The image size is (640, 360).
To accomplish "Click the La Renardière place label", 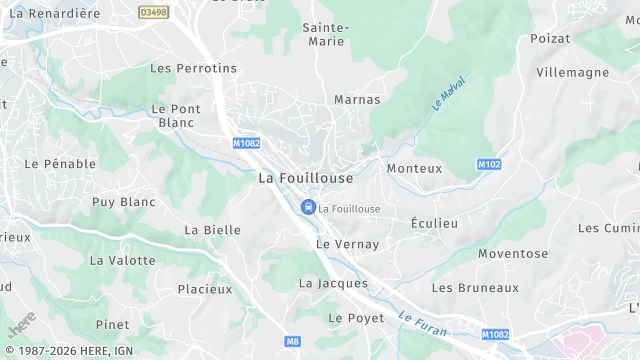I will click(x=54, y=13).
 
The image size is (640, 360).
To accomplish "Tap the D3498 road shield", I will click(x=153, y=13).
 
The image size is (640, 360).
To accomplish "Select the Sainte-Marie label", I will click(x=325, y=34).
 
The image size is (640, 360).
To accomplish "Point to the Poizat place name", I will click(x=550, y=38).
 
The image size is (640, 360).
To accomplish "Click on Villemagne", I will click(x=572, y=72).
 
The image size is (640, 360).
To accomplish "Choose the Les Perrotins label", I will click(x=193, y=68).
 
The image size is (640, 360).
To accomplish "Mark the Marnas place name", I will click(x=357, y=100).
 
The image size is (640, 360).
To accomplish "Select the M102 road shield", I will click(x=489, y=164).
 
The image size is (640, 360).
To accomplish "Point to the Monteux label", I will click(x=414, y=168).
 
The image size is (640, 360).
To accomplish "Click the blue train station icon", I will click(x=308, y=208).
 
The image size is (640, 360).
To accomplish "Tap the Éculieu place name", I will click(x=435, y=223).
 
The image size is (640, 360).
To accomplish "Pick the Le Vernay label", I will click(x=348, y=244).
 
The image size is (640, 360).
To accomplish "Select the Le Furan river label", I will click(x=422, y=321).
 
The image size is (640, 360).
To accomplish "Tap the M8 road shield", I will click(x=292, y=342).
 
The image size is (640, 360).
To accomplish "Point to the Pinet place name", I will click(x=112, y=325).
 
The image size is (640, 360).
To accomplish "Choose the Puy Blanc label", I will click(x=124, y=202).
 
